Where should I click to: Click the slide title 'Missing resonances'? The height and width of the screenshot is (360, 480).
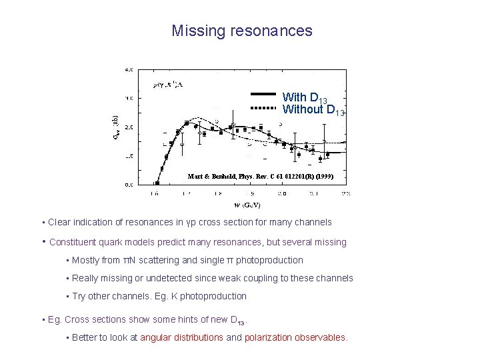(x=241, y=31)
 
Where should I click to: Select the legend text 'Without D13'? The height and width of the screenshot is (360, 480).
(x=313, y=110)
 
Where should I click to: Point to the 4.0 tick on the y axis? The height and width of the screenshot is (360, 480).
(x=128, y=69)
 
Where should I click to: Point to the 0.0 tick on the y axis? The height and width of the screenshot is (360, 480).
(x=128, y=185)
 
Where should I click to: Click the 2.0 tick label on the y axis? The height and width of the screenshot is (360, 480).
(x=128, y=127)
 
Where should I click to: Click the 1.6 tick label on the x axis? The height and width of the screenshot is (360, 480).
(x=154, y=194)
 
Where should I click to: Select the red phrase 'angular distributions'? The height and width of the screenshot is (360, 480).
(x=181, y=337)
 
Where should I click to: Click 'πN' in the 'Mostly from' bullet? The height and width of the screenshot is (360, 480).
(x=136, y=260)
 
